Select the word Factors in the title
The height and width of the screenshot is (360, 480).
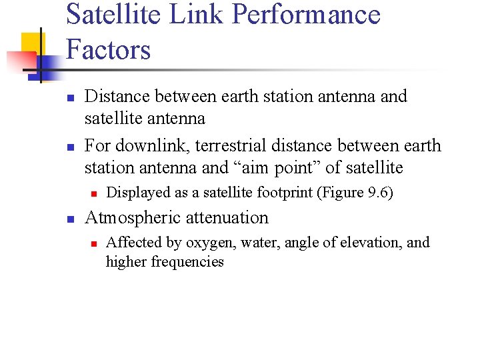pyautogui.click(x=109, y=50)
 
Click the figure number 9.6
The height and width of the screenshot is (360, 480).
pyautogui.click(x=377, y=193)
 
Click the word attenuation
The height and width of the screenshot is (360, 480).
pyautogui.click(x=227, y=218)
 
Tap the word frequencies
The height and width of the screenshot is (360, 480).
pyautogui.click(x=187, y=261)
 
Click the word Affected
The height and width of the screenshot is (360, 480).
pyautogui.click(x=129, y=243)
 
